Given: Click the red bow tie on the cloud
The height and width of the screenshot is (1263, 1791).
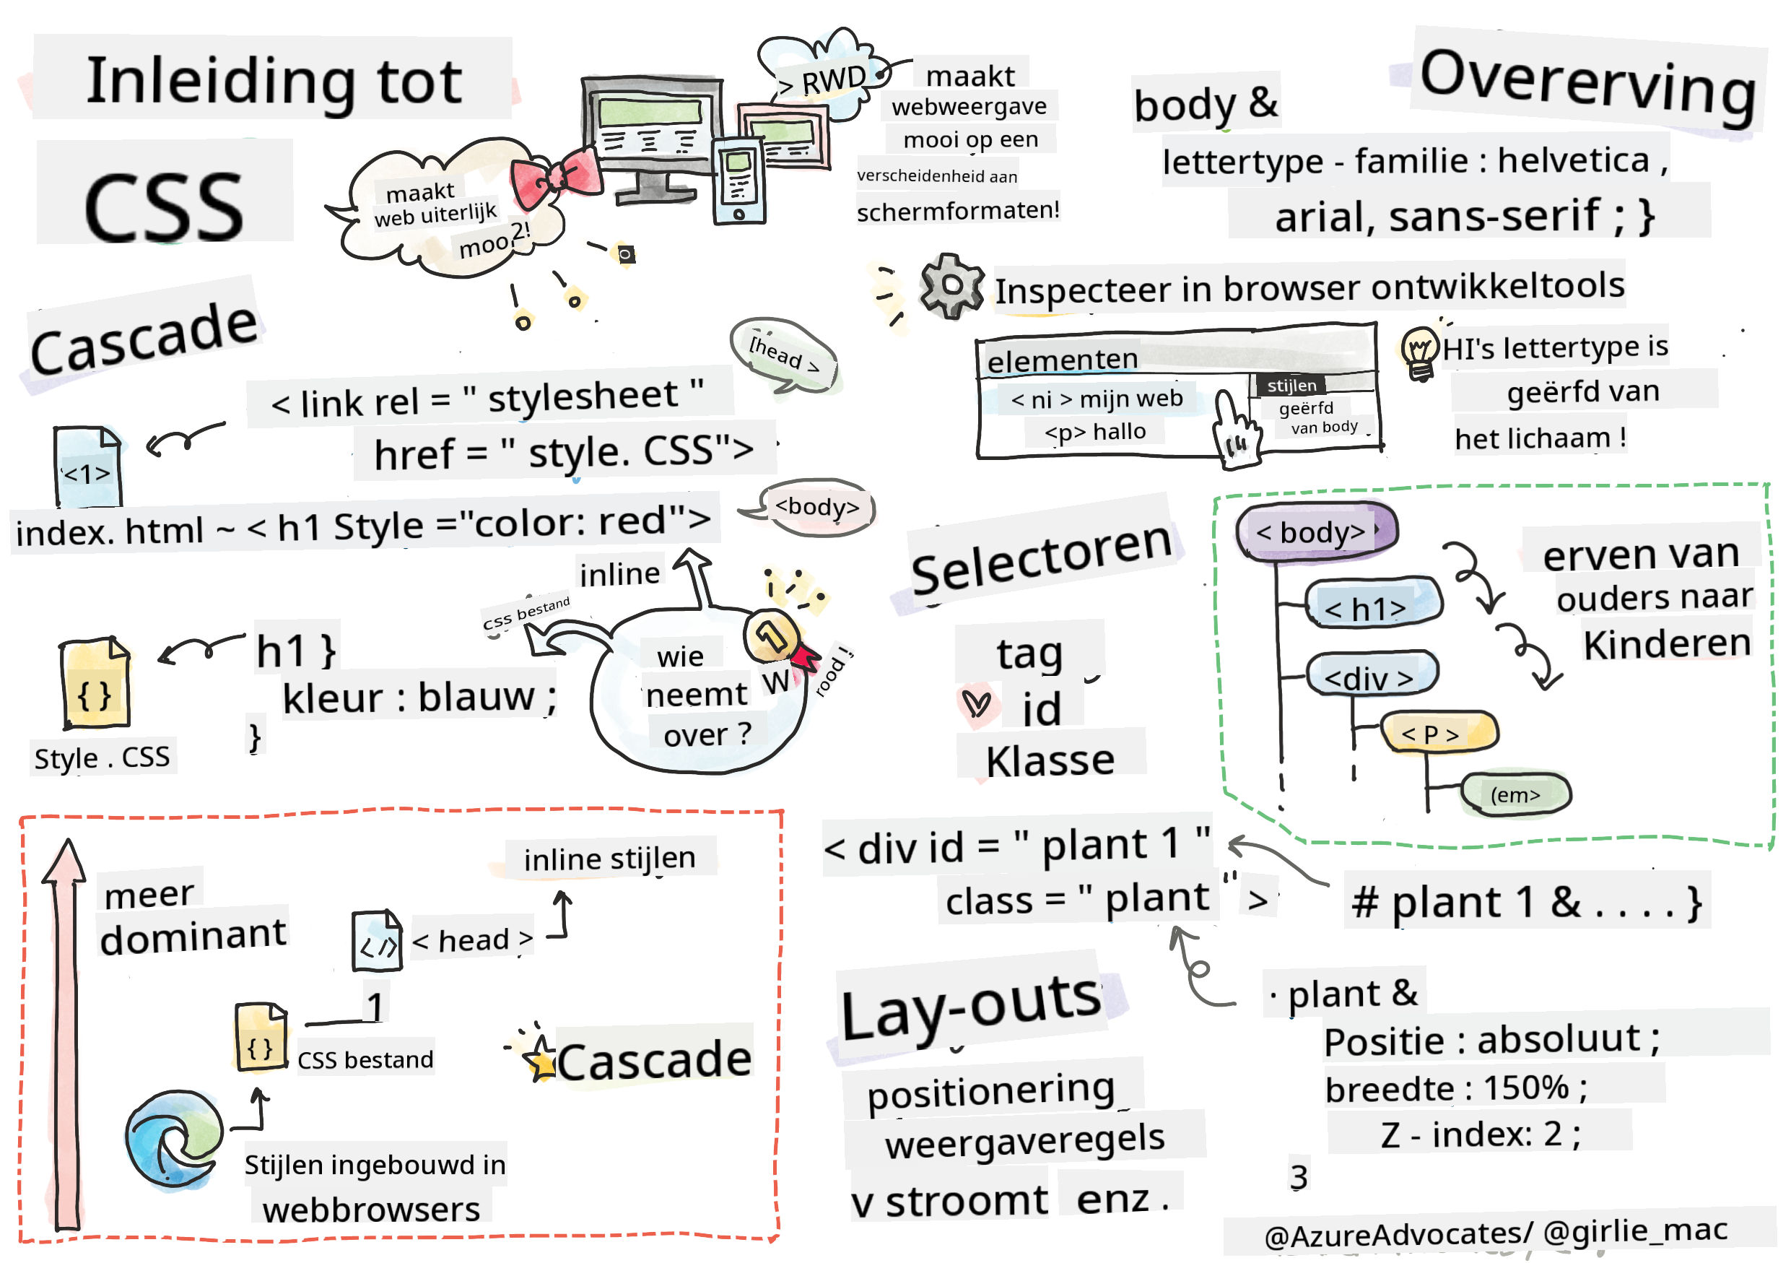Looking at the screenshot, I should (555, 178).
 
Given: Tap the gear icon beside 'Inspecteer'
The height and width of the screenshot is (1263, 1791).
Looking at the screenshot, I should (950, 285).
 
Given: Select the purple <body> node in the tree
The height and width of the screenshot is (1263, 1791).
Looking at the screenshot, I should (1315, 531).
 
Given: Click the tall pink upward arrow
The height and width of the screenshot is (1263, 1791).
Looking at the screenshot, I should (66, 1030).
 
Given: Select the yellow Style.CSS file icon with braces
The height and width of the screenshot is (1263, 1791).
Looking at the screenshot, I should (95, 682).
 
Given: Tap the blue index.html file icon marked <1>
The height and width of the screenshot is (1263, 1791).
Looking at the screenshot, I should (87, 466).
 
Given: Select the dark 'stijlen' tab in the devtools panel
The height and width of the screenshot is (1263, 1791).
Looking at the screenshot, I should (1291, 386).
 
